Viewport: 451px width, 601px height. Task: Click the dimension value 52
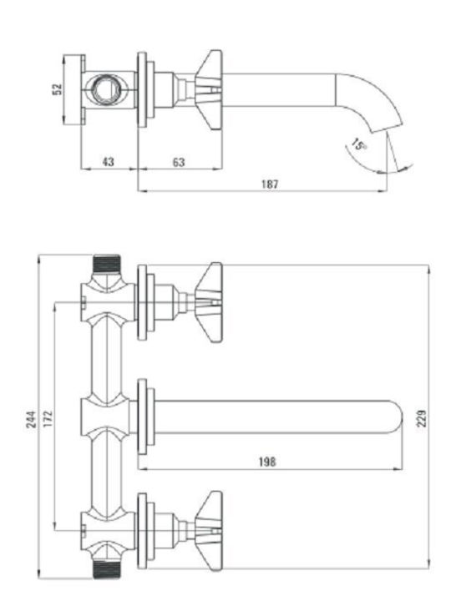click(x=57, y=89)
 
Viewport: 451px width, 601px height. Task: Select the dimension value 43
click(x=109, y=162)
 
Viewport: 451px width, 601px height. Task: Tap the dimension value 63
click(x=179, y=162)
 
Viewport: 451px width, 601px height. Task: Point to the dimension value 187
click(x=270, y=184)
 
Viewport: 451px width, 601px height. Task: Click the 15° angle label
click(x=359, y=144)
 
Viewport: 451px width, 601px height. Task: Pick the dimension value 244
click(x=32, y=419)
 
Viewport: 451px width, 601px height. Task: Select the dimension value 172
click(x=47, y=419)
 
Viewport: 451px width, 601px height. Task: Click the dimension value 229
click(x=422, y=418)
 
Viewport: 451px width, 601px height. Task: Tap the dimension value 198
click(x=267, y=462)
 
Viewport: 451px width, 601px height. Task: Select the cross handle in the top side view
click(x=209, y=90)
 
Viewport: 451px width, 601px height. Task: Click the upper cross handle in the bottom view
click(x=209, y=302)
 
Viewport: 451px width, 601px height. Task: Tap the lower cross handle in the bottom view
click(x=209, y=531)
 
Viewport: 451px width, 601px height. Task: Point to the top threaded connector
click(x=107, y=263)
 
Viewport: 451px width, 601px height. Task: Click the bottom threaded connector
click(x=107, y=570)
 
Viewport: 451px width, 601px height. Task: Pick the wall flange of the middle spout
click(x=142, y=417)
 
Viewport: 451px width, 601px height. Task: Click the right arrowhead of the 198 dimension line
click(x=399, y=468)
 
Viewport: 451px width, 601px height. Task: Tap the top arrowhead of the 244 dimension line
click(x=38, y=259)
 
